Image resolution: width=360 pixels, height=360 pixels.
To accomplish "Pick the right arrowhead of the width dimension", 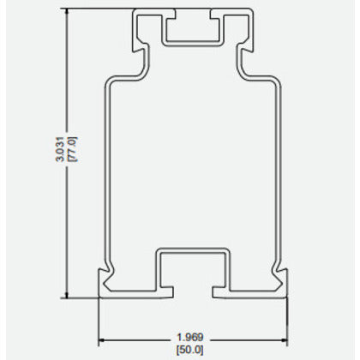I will click(x=284, y=339).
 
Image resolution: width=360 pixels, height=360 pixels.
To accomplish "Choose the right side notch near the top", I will click(x=248, y=60).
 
